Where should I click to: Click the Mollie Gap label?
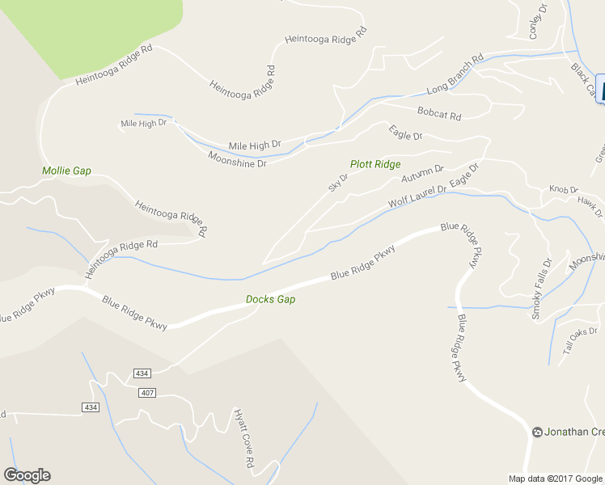click(66, 171)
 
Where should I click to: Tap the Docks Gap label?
click(270, 299)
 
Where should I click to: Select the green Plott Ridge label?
click(375, 164)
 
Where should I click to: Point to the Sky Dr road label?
click(338, 183)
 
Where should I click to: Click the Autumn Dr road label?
click(422, 173)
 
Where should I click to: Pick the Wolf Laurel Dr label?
click(417, 195)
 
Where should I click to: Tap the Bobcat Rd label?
click(439, 114)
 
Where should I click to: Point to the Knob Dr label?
click(563, 189)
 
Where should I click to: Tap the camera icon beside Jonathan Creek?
click(538, 432)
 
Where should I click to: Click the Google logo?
click(27, 475)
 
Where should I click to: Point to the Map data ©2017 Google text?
click(556, 479)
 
